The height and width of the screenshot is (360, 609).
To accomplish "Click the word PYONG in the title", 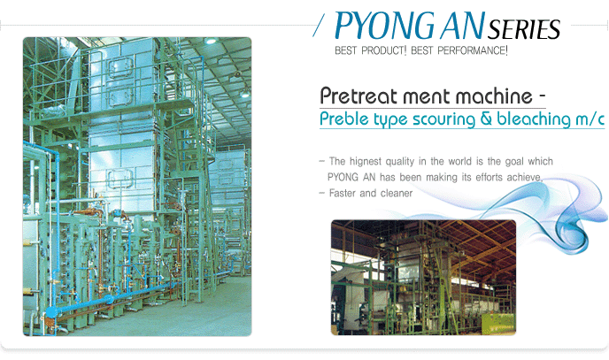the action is click(x=384, y=27).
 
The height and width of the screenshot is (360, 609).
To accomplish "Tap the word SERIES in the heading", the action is click(x=524, y=29).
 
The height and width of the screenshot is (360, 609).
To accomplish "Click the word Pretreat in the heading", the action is click(x=359, y=96).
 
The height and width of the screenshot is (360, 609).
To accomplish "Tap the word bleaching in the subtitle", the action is click(x=534, y=119).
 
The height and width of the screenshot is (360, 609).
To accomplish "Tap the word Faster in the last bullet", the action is click(x=343, y=193).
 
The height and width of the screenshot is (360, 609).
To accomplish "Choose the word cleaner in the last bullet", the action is click(x=397, y=193).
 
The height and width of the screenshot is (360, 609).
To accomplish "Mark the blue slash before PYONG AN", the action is click(x=319, y=26).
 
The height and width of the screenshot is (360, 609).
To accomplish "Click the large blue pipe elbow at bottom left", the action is click(x=51, y=312).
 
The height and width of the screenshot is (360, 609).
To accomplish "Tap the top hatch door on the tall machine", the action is click(x=120, y=67).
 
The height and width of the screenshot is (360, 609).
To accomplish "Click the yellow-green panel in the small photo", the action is click(x=497, y=324).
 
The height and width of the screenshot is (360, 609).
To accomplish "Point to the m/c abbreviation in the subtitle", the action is click(x=590, y=119).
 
